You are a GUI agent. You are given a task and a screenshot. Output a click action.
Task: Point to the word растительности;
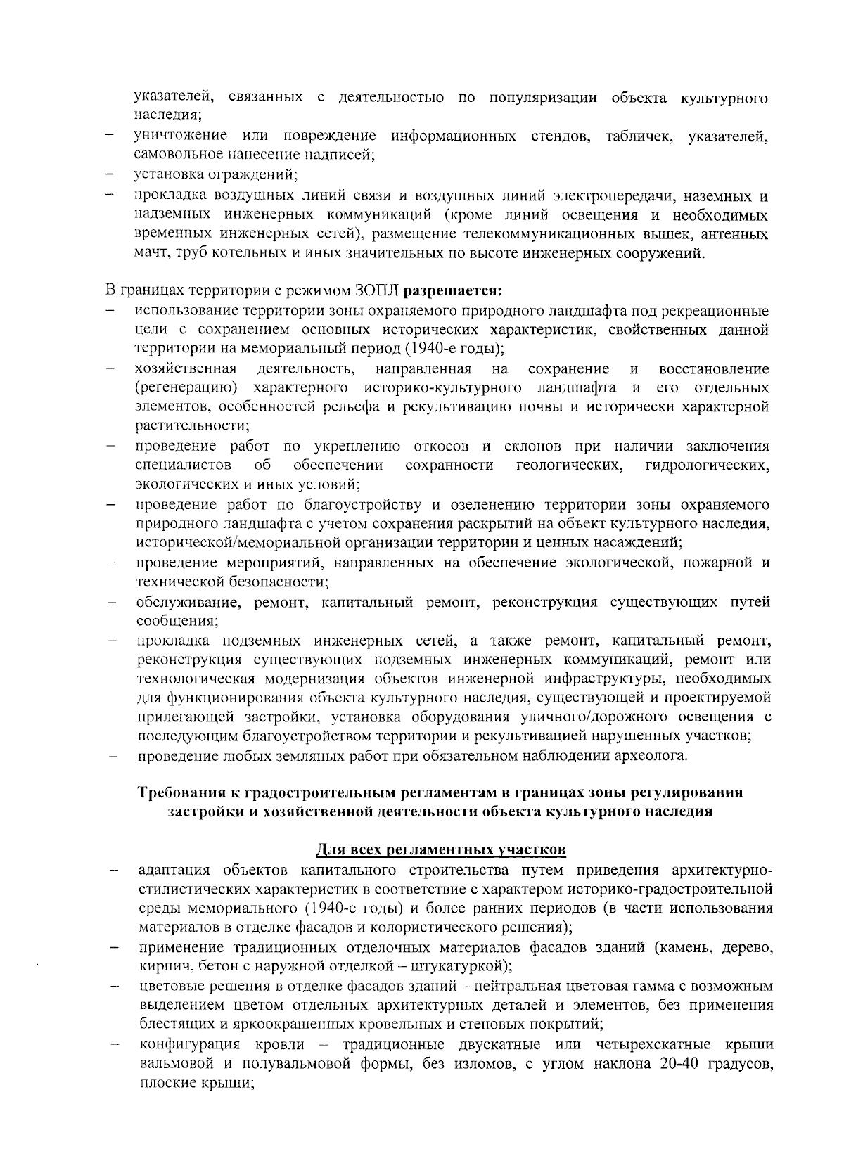click(191, 425)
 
